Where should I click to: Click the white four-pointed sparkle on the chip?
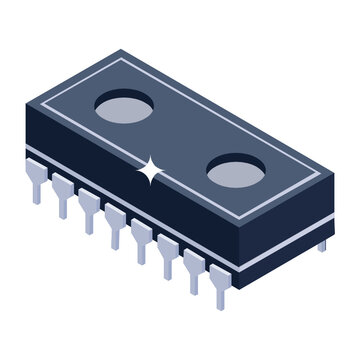click(x=151, y=172)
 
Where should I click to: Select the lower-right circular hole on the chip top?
click(x=237, y=172)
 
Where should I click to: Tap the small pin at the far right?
click(x=322, y=243)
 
